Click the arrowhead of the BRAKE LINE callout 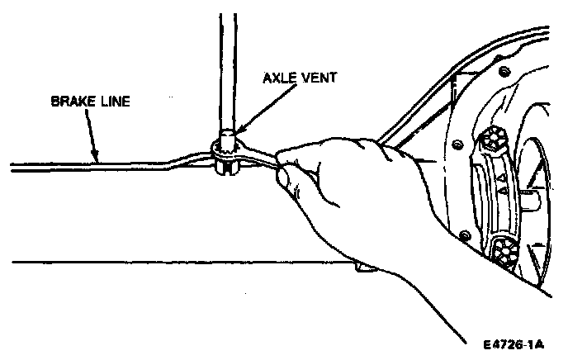tap(97, 159)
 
